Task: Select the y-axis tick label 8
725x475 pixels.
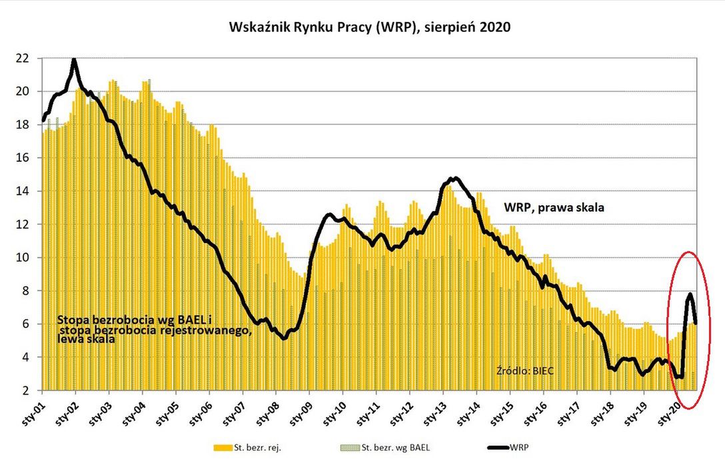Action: point(25,291)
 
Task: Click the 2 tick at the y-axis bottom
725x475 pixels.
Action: point(25,390)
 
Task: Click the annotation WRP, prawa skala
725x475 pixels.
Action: point(554,207)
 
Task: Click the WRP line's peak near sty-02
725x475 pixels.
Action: point(74,61)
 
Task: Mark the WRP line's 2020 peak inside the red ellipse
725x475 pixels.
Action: point(690,294)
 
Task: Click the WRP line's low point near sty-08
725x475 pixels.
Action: point(285,338)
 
